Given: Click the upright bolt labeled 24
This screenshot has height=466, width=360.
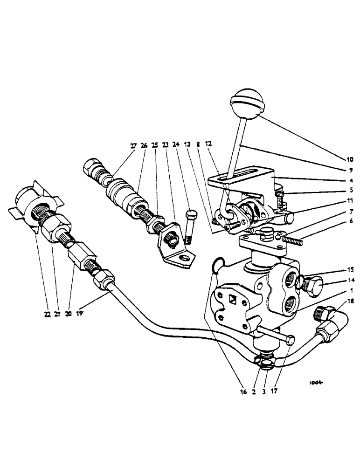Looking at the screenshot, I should [x=190, y=226].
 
